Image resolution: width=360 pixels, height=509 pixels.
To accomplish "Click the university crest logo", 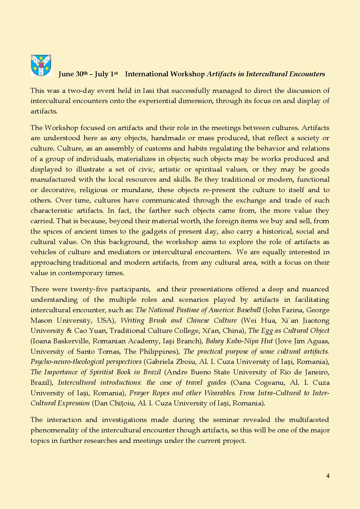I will (x=41, y=66).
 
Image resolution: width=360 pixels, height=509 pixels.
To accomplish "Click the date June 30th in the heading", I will (x=73, y=74).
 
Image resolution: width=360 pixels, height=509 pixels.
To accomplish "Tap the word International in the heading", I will (x=147, y=74).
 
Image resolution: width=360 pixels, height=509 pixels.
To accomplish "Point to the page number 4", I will (x=328, y=476).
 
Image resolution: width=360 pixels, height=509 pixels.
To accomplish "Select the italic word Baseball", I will (x=249, y=310).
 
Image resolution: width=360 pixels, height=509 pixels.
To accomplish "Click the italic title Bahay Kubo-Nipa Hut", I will (x=239, y=341).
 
